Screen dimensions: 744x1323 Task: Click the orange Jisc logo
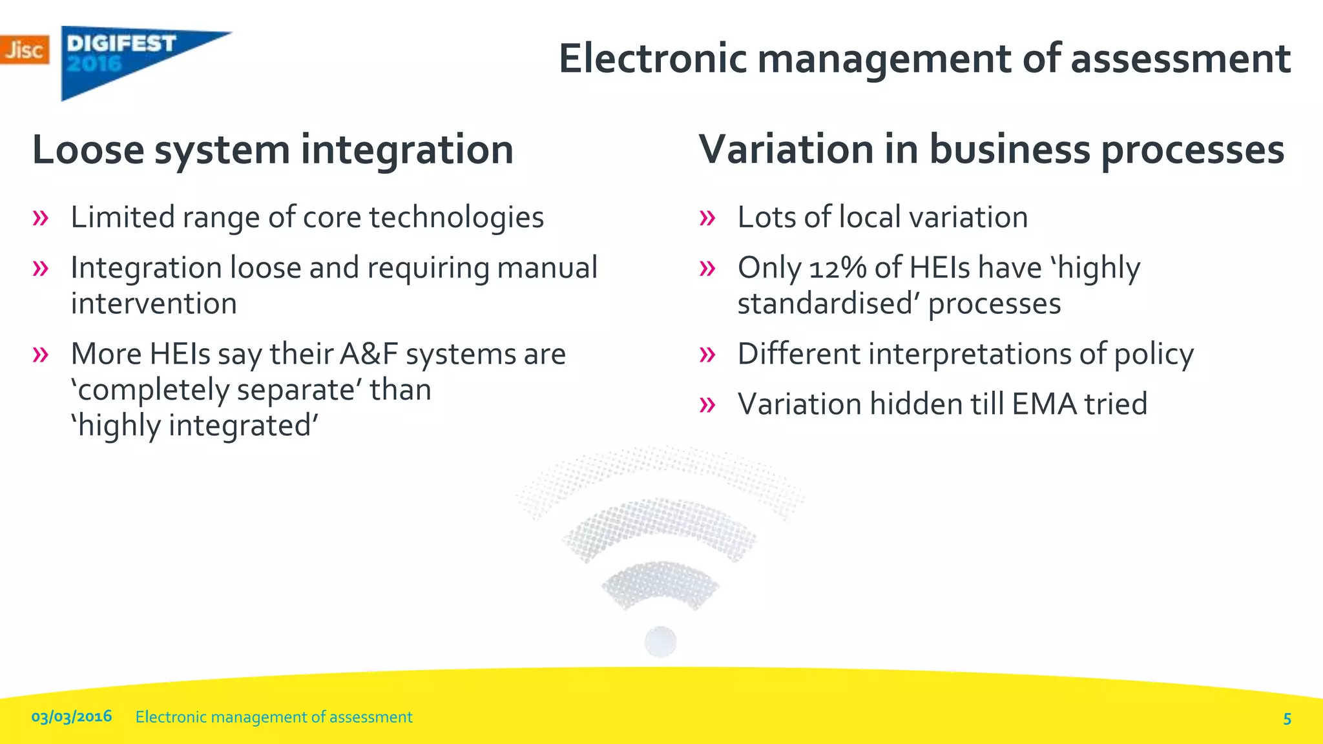click(25, 50)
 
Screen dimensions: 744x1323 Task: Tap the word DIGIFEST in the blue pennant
click(121, 43)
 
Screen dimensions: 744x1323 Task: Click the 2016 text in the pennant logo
click(94, 64)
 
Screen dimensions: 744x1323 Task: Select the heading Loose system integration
click(273, 149)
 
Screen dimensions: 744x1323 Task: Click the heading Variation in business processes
click(991, 149)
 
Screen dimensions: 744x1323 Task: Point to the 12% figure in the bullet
click(837, 268)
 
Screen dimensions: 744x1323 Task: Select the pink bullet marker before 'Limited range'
click(40, 218)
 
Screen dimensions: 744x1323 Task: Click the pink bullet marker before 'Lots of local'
click(707, 218)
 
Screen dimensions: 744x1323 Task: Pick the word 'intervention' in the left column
click(154, 304)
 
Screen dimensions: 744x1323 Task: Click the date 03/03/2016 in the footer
click(72, 716)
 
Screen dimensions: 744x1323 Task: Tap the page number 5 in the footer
click(1287, 718)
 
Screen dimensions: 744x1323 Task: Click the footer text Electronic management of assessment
click(274, 717)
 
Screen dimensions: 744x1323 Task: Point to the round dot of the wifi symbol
click(660, 641)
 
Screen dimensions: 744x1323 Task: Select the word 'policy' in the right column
click(1154, 355)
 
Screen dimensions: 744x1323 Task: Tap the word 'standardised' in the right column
click(829, 304)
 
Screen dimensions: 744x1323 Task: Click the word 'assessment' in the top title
click(1180, 59)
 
